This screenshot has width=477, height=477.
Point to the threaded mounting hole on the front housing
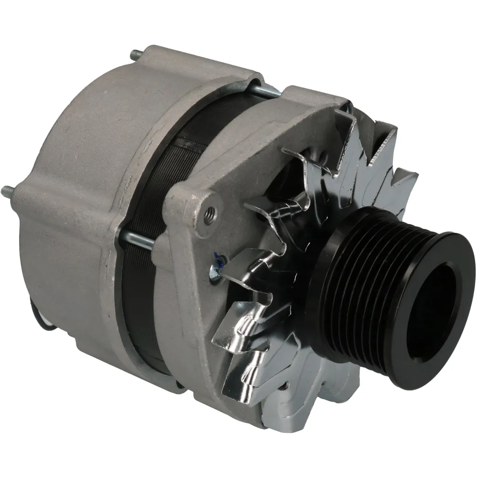pos(210,216)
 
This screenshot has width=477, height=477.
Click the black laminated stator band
pos(154,186)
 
